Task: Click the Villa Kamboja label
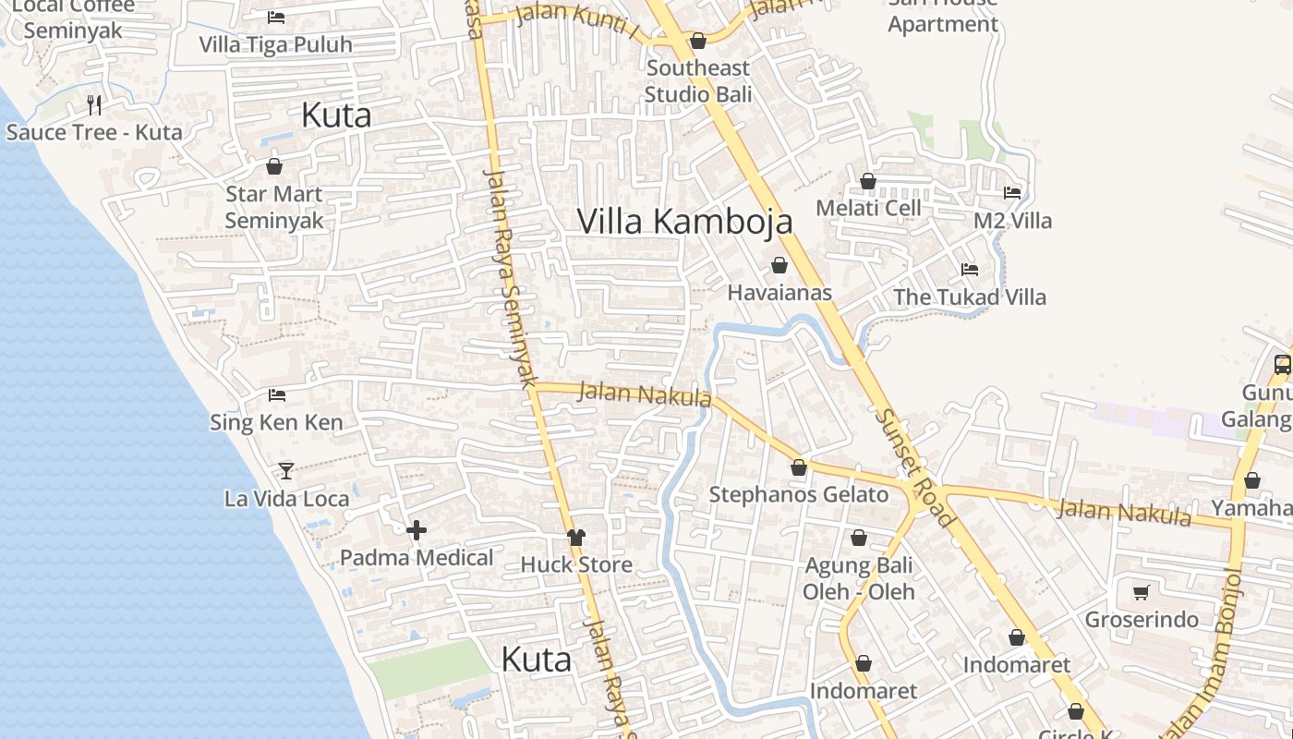[x=684, y=222]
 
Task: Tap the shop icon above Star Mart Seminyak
[x=274, y=166]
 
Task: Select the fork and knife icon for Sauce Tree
[x=94, y=104]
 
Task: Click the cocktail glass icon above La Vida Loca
[x=286, y=471]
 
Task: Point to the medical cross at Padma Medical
[x=417, y=530]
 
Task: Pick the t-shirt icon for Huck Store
[x=576, y=537]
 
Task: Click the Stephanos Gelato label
[x=798, y=495]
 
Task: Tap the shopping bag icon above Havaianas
[x=779, y=265]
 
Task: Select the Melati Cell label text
[x=868, y=208]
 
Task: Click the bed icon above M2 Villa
[x=1012, y=193]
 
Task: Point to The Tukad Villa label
[x=970, y=297]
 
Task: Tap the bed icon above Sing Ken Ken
[x=276, y=395]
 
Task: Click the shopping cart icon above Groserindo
[x=1142, y=592]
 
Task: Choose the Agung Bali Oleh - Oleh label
[x=859, y=578]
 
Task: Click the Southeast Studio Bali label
[x=697, y=81]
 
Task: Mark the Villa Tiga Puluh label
[x=275, y=44]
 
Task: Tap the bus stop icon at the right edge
[x=1283, y=364]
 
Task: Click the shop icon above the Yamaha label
[x=1252, y=480]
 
